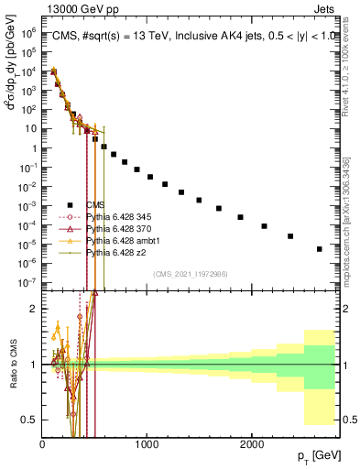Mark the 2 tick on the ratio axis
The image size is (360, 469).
(34, 309)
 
